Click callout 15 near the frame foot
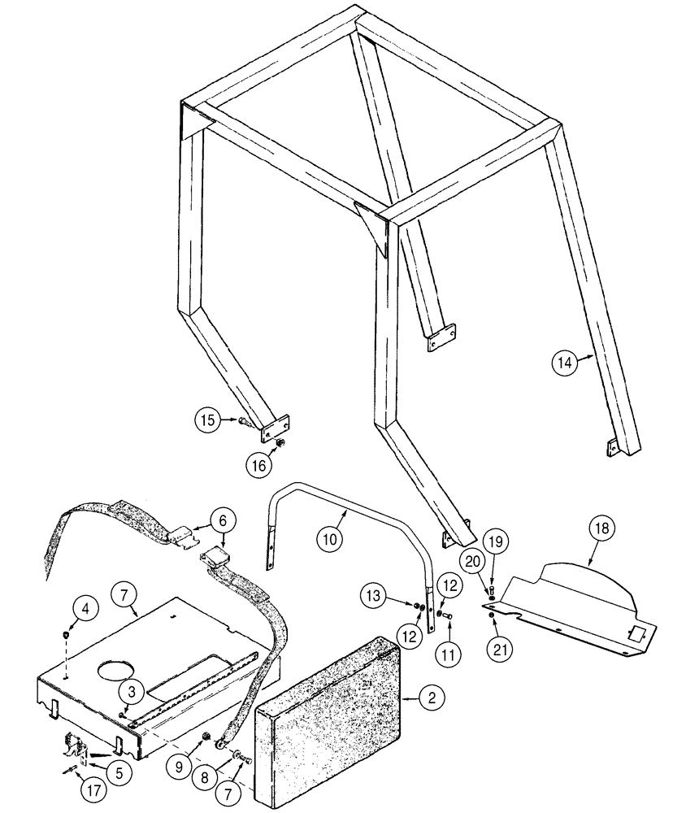(x=206, y=420)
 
